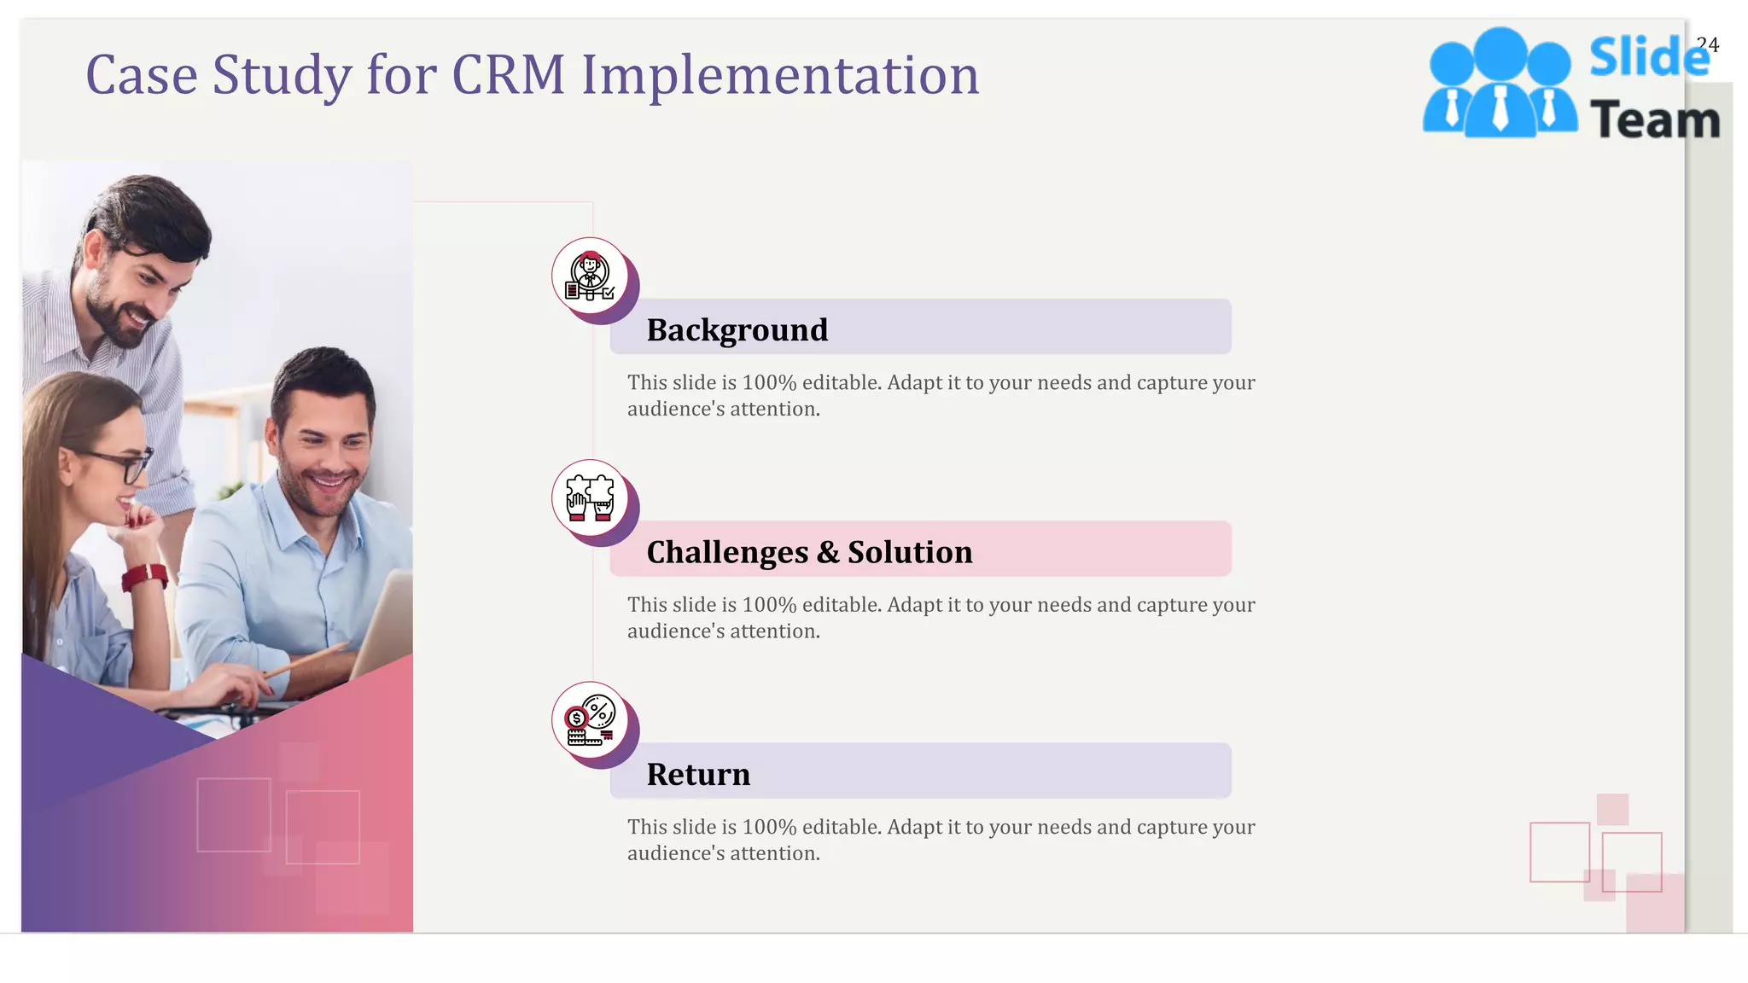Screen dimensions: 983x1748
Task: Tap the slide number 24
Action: coord(1707,44)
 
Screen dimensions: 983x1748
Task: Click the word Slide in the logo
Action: coord(1648,58)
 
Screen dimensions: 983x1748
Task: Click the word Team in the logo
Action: coord(1655,119)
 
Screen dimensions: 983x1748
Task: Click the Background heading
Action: coord(737,329)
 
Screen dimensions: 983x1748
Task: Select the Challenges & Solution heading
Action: coord(809,552)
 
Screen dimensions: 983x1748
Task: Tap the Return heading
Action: coord(698,774)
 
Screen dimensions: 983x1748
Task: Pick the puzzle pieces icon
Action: coord(590,498)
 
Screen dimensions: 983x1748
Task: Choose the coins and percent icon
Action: coord(590,720)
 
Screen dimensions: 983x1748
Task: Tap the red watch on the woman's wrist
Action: coord(145,578)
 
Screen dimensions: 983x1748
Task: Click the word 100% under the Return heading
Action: coord(768,827)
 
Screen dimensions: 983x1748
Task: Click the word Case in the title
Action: coord(141,75)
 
